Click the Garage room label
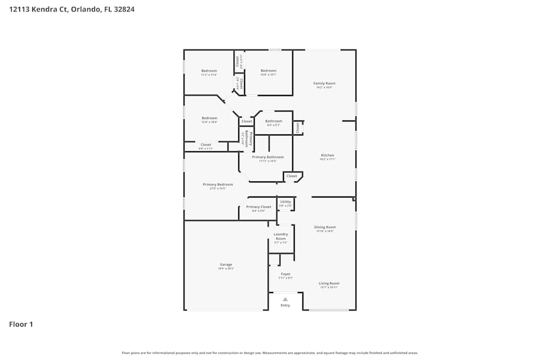[226, 264]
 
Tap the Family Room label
[325, 83]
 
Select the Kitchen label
[327, 155]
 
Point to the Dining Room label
[325, 227]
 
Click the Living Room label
[329, 283]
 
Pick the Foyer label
[285, 274]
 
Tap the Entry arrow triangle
[285, 299]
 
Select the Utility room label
[285, 202]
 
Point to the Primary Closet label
[258, 207]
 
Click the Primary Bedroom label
[218, 185]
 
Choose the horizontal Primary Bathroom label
[267, 157]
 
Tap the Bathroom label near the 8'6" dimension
[273, 121]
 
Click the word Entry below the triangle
[285, 305]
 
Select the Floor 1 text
[21, 324]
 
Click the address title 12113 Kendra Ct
[72, 9]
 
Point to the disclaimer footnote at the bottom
[270, 352]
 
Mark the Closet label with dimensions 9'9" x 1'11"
[206, 145]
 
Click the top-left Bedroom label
[209, 71]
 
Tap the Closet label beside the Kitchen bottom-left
[292, 176]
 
